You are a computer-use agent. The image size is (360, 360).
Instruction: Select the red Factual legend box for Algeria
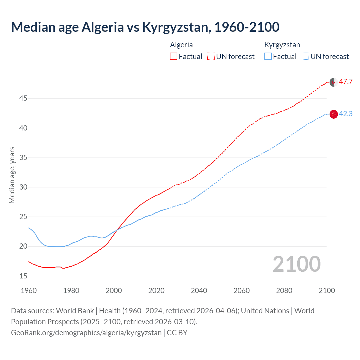174,57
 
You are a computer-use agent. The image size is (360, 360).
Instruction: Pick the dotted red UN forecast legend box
211,57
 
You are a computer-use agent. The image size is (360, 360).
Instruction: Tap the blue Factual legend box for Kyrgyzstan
268,57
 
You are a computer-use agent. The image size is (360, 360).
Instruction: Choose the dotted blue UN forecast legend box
305,57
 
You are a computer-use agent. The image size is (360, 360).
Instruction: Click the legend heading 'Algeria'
181,45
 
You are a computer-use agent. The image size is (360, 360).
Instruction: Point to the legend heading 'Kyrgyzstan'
282,45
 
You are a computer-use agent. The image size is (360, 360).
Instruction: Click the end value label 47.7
346,82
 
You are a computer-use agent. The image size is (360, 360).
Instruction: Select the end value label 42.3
346,114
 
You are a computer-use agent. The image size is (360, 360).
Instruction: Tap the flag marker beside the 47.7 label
334,82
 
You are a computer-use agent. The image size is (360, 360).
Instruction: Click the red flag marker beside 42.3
334,114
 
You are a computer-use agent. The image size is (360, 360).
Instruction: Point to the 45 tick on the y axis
23,98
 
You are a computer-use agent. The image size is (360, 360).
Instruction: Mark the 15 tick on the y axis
23,276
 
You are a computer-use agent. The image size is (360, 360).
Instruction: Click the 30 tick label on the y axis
23,187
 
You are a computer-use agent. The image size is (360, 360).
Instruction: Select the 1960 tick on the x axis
29,291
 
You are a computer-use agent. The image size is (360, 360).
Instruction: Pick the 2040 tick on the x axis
199,291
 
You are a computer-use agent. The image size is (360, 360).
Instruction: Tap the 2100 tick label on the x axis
327,291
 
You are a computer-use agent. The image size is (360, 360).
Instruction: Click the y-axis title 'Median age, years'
12,175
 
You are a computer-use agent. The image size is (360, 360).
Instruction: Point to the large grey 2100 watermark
296,264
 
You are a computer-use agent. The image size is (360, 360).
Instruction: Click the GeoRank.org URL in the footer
86,333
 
